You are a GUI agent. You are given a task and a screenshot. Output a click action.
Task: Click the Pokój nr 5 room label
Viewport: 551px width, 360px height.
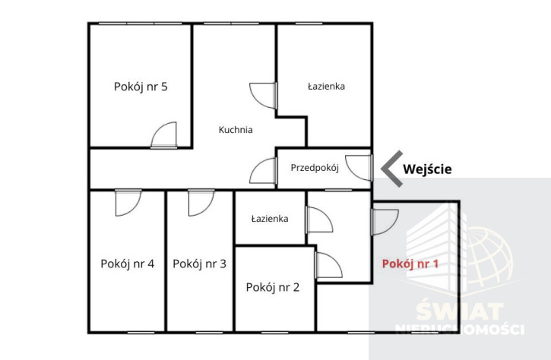click(x=141, y=87)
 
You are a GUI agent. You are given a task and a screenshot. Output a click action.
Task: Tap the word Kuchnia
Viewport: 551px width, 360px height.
click(x=236, y=130)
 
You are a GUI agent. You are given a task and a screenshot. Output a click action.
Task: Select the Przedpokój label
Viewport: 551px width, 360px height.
click(x=315, y=168)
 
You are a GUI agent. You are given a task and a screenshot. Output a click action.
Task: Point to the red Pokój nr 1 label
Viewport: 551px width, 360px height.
click(x=410, y=264)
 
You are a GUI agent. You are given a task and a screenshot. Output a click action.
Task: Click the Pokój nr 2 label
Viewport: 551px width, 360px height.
click(x=273, y=288)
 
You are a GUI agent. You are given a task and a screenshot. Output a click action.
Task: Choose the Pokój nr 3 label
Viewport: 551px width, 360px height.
click(x=199, y=264)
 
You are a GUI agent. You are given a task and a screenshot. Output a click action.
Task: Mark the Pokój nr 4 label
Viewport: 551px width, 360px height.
click(x=127, y=264)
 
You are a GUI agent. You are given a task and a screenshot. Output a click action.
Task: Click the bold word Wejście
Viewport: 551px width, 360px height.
click(x=427, y=169)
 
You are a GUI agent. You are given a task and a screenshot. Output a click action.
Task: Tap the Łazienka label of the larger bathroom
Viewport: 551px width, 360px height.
click(x=327, y=87)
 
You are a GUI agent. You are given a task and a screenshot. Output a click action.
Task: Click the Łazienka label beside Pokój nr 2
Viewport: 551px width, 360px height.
click(x=270, y=219)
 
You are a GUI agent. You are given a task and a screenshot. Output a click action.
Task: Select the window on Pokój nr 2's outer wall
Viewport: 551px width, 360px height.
click(x=275, y=332)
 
